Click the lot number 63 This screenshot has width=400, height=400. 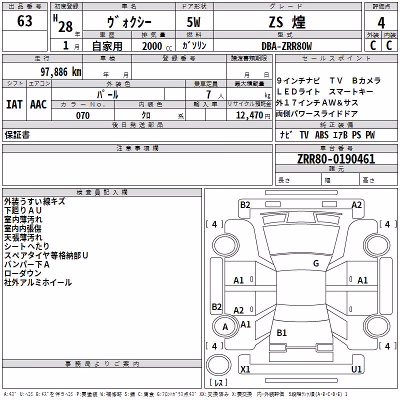click(24, 20)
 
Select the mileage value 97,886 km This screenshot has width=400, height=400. click(61, 72)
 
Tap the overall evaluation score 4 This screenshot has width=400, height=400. click(381, 23)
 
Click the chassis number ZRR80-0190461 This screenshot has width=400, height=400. click(336, 159)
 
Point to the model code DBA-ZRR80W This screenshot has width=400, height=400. click(286, 46)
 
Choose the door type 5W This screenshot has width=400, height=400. click(193, 22)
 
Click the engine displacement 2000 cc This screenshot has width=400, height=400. click(157, 46)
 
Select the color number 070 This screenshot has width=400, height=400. click(83, 115)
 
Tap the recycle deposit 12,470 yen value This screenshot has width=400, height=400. click(253, 115)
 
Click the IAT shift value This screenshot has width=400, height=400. click(14, 104)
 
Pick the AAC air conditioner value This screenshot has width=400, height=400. click(38, 104)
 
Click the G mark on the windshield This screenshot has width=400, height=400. click(316, 263)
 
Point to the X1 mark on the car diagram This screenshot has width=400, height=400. click(245, 369)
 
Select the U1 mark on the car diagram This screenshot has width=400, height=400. click(356, 369)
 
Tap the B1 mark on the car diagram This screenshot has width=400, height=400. click(281, 333)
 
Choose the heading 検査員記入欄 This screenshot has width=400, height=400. click(102, 192)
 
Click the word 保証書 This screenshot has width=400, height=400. click(17, 135)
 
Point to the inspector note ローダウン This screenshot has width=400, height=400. click(22, 273)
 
